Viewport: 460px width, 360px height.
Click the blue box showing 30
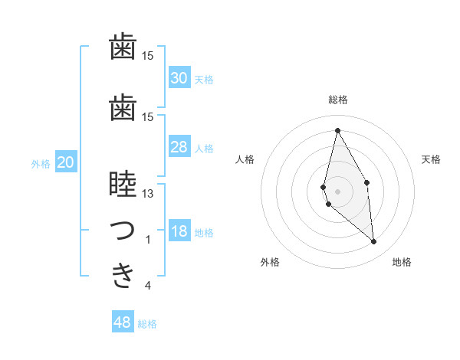[179, 78]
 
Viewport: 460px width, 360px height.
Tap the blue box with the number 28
[179, 147]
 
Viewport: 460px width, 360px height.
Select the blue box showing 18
[179, 232]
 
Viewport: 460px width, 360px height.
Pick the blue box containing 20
[66, 162]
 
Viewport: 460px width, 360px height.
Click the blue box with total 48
[123, 322]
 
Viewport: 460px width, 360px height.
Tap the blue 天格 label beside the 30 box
[204, 80]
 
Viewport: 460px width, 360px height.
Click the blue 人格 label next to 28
[204, 149]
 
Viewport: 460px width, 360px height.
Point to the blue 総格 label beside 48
[147, 324]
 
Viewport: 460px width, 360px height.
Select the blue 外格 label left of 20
[41, 164]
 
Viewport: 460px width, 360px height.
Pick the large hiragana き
[123, 276]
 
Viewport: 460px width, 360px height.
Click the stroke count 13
[148, 194]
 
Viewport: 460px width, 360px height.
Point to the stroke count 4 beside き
[148, 286]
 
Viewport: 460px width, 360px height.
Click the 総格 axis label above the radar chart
[337, 100]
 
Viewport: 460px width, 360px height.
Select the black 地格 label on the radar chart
[402, 262]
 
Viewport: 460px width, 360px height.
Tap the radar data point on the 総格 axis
[337, 130]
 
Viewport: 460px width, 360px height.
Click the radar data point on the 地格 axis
[374, 242]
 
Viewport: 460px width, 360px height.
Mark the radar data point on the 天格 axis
[367, 182]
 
